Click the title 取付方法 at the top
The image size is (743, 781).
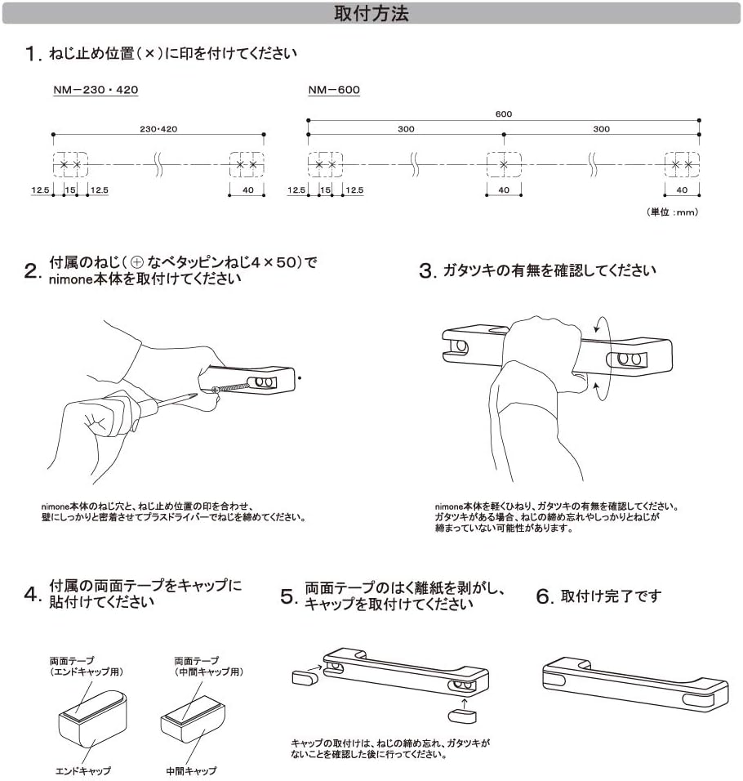(x=371, y=13)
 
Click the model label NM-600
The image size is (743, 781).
(x=333, y=90)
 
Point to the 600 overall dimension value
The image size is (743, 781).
(x=504, y=115)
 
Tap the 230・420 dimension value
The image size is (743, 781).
(x=158, y=129)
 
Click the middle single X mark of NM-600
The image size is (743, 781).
(x=504, y=165)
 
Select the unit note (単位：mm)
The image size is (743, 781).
(x=674, y=212)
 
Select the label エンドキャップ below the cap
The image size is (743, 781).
(x=85, y=770)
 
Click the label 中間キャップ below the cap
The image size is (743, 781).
(x=190, y=770)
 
